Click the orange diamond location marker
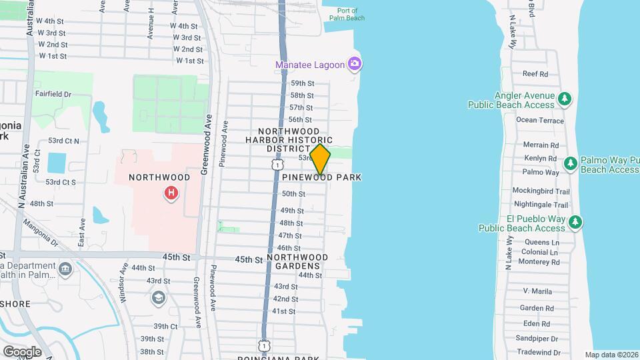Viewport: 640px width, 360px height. [320, 160]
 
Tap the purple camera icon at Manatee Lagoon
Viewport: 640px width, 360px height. [355, 65]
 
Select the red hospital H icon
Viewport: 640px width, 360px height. [171, 193]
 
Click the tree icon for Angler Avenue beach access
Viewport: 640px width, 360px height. [565, 99]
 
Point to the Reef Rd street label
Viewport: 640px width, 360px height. [535, 74]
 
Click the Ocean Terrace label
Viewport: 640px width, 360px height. [540, 120]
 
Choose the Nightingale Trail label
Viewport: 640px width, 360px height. [541, 205]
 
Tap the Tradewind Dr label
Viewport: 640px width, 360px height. [539, 352]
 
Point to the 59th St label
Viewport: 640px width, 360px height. [301, 83]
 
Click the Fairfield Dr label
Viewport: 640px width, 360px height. [53, 95]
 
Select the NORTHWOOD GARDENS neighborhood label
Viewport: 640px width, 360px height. [297, 261]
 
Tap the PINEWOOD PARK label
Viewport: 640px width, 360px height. [321, 177]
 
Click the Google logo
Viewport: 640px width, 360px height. [22, 351]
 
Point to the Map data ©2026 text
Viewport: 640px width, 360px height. [611, 355]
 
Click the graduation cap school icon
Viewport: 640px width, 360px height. [159, 297]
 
